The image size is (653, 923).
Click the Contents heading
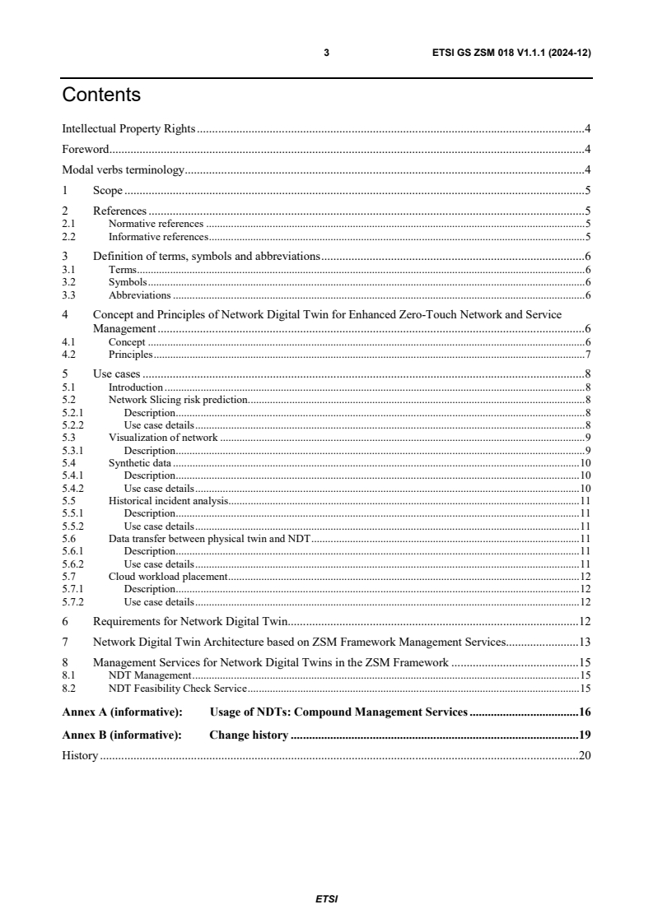coord(101,95)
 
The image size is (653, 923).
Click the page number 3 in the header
coord(326,53)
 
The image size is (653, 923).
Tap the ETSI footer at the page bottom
coord(326,898)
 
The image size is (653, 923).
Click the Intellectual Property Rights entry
coord(128,128)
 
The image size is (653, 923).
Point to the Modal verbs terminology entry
coord(123,170)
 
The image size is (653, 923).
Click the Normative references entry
coord(156,224)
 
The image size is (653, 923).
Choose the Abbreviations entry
coord(140,295)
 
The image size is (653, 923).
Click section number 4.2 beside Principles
coord(69,355)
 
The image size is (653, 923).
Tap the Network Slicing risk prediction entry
coord(178,400)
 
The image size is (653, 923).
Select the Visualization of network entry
coord(163,438)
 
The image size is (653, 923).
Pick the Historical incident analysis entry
coord(168,500)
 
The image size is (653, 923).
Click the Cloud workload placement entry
coord(167,577)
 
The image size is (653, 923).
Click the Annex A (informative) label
coord(122,712)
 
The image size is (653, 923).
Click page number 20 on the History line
coord(585,755)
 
